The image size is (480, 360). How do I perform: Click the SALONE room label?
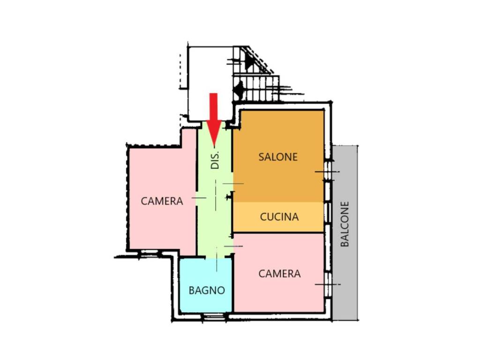coord(278,157)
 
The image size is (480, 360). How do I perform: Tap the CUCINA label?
coord(279,217)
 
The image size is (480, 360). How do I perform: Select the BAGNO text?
coord(207,290)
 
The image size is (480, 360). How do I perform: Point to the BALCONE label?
coord(345,224)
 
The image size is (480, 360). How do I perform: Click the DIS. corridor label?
coord(215,160)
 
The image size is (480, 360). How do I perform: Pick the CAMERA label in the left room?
coord(162,201)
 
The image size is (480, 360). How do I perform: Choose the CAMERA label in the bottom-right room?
coord(279,274)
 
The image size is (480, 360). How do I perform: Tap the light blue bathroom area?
coord(206,285)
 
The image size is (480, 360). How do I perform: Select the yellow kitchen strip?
coord(278,217)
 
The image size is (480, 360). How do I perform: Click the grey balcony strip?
coord(345,232)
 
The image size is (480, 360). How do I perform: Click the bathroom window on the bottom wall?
coord(214,316)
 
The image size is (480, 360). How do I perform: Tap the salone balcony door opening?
coord(328,172)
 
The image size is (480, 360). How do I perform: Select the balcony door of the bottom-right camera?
coord(328,285)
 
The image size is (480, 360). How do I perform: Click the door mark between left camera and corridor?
coord(199,198)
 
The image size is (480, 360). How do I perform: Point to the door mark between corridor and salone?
coord(233,184)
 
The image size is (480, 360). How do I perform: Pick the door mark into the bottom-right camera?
coord(233,246)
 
